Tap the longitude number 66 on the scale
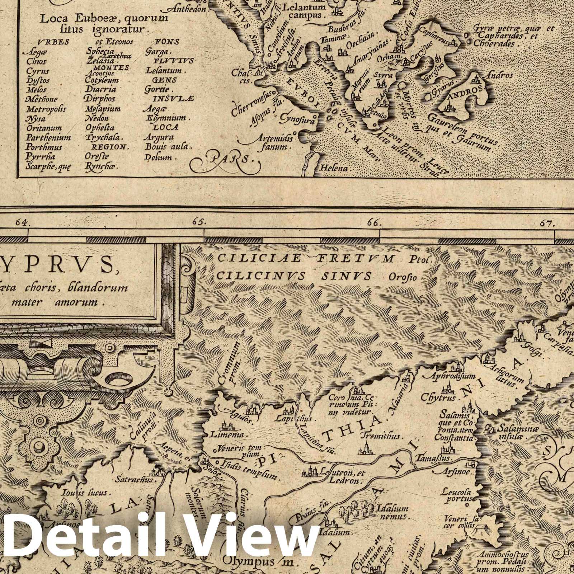pyautogui.click(x=374, y=223)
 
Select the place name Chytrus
pyautogui.click(x=438, y=397)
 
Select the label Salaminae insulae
pyautogui.click(x=513, y=433)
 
